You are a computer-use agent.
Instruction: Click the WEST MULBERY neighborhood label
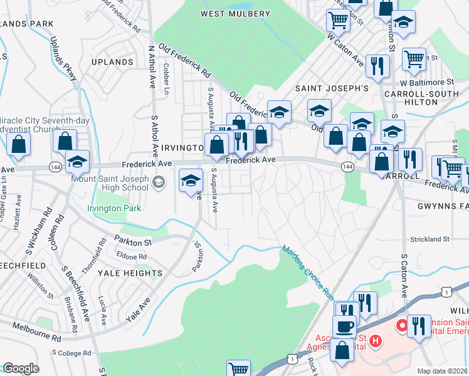click(235, 13)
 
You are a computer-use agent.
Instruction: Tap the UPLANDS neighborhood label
click(112, 63)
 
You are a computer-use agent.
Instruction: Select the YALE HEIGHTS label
click(130, 273)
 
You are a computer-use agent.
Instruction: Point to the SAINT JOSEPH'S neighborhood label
click(332, 88)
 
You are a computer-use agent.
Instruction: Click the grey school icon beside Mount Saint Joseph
click(159, 182)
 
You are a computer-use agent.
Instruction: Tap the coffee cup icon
click(344, 327)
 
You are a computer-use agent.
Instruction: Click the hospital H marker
click(375, 341)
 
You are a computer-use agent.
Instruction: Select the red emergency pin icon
click(401, 326)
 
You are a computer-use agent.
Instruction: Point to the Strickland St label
click(429, 239)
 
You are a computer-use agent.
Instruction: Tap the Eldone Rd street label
click(131, 256)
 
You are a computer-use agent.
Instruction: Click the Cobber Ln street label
click(167, 79)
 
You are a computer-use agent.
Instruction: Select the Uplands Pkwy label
click(66, 60)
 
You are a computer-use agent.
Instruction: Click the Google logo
click(21, 368)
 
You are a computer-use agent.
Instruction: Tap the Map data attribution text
click(442, 371)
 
